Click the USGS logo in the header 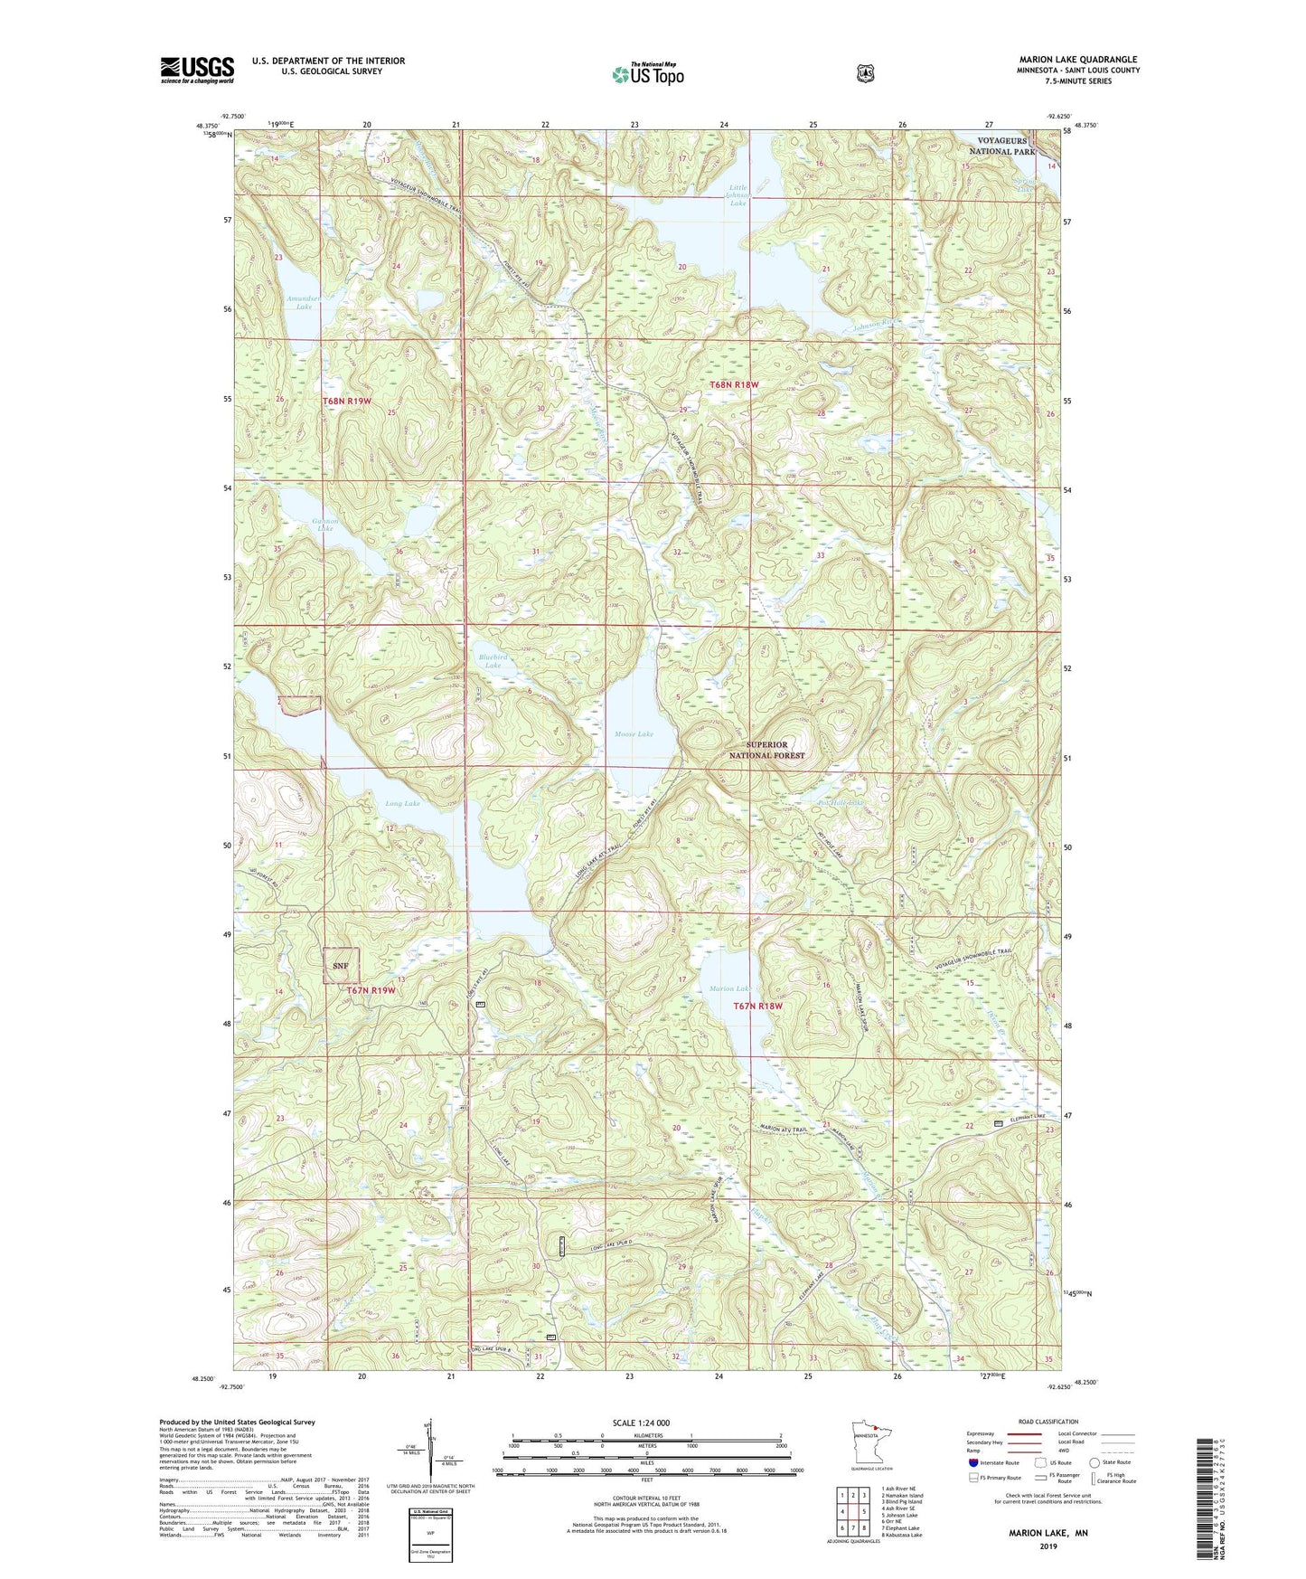[197, 70]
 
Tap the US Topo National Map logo [647, 74]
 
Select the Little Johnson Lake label [738, 196]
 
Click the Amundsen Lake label [298, 302]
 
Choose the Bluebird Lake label [493, 661]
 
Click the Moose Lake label [633, 734]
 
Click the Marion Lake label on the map [728, 988]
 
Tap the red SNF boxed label [342, 966]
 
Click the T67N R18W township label [758, 1006]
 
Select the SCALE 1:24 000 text [641, 1423]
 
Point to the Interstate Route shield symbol [972, 1462]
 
